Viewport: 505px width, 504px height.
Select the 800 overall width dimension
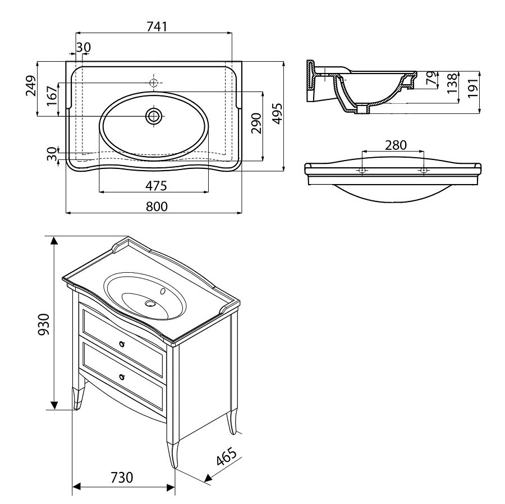[158, 206]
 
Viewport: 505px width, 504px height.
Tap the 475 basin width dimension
[155, 185]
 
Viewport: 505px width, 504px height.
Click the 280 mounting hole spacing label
[395, 145]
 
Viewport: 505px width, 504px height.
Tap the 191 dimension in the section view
[472, 85]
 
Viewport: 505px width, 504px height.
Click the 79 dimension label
[431, 78]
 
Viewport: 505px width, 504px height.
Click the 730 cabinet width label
[121, 478]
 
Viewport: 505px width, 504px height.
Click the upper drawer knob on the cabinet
[121, 342]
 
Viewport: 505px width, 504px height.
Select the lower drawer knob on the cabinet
[121, 375]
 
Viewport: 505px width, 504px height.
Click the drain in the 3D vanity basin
[150, 303]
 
